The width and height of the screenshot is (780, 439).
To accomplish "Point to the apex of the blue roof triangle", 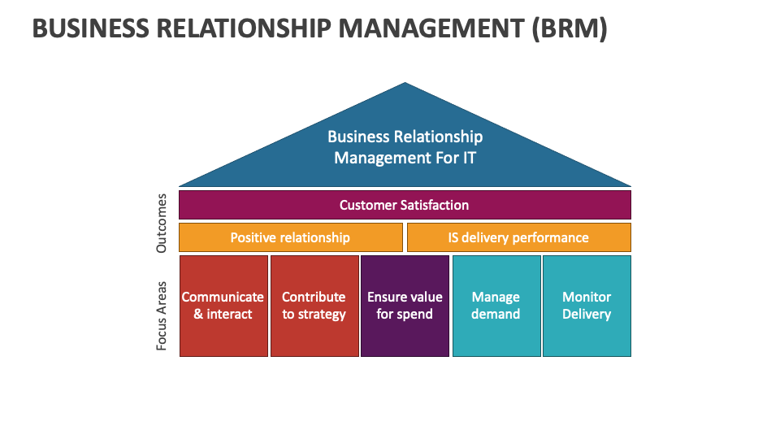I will tap(405, 85).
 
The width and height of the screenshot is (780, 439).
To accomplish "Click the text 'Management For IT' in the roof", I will tap(405, 157).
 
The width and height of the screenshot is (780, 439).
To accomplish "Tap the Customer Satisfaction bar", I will tap(405, 205).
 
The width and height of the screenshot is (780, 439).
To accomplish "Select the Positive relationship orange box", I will tap(290, 237).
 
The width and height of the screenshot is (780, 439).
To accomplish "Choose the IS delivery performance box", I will tap(518, 237).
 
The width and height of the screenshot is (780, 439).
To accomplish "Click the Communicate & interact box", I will tap(223, 306).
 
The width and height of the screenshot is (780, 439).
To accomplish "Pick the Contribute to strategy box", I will tap(314, 306).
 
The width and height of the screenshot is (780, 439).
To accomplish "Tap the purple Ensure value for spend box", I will tap(405, 306).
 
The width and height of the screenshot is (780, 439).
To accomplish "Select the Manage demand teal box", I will tap(496, 306).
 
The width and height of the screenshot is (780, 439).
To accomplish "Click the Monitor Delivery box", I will tap(587, 306).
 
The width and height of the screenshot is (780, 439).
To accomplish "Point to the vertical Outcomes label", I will tap(162, 222).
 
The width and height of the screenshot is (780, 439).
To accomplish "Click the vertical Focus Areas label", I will tap(162, 316).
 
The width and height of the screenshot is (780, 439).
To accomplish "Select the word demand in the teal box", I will tap(496, 315).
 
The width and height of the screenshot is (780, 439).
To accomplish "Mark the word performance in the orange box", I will tap(549, 237).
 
